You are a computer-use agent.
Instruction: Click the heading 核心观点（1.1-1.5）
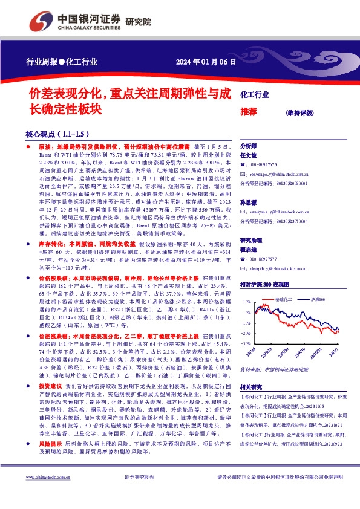(57, 134)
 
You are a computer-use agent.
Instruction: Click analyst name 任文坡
(249, 155)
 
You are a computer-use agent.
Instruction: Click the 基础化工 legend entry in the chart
(284, 299)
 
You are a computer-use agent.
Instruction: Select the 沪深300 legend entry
(319, 299)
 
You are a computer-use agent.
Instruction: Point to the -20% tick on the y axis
(247, 332)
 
